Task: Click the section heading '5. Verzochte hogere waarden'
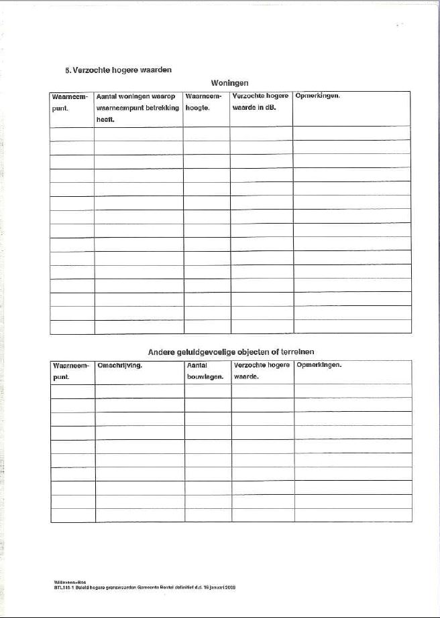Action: (119, 69)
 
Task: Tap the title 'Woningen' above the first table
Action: (229, 83)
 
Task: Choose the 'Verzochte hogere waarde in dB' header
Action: (260, 101)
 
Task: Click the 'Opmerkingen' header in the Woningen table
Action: (318, 96)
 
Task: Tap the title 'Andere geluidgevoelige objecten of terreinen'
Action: (231, 352)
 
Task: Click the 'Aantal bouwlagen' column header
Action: (203, 372)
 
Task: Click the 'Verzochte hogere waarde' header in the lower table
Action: (262, 372)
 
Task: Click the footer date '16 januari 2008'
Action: (218, 587)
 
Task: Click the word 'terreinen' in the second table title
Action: (297, 352)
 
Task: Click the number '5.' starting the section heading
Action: (67, 69)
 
